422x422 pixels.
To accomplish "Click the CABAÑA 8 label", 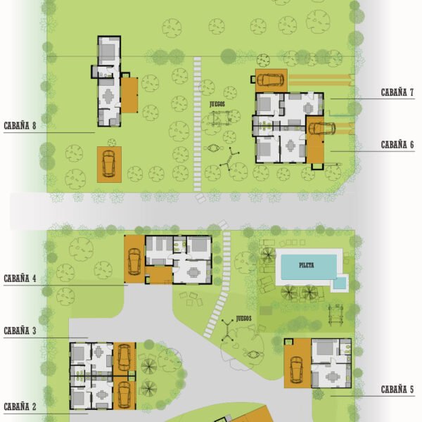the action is (20, 126).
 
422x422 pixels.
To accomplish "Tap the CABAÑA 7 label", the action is (397, 92).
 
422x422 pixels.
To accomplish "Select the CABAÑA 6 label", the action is (397, 145).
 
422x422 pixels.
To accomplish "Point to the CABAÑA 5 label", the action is (397, 390).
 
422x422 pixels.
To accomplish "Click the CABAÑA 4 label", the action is (20, 279).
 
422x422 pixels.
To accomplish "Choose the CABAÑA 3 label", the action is (20, 331).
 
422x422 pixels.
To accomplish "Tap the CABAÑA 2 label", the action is (20, 407).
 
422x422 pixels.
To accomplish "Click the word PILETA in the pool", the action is (307, 265).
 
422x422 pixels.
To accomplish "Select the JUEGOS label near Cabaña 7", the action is (217, 104).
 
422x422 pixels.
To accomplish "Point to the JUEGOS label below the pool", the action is (244, 319).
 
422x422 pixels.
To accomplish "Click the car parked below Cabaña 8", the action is (109, 164).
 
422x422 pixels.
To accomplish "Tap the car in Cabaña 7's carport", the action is (271, 79).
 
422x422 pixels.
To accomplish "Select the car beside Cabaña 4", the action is (134, 262).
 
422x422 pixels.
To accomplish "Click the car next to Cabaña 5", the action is (297, 370).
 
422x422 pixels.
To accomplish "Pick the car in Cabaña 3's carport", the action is (124, 358).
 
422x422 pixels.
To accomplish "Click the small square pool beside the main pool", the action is (340, 283).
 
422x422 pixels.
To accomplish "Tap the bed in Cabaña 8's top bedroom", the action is (108, 52).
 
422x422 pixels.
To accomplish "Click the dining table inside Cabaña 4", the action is (193, 272).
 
